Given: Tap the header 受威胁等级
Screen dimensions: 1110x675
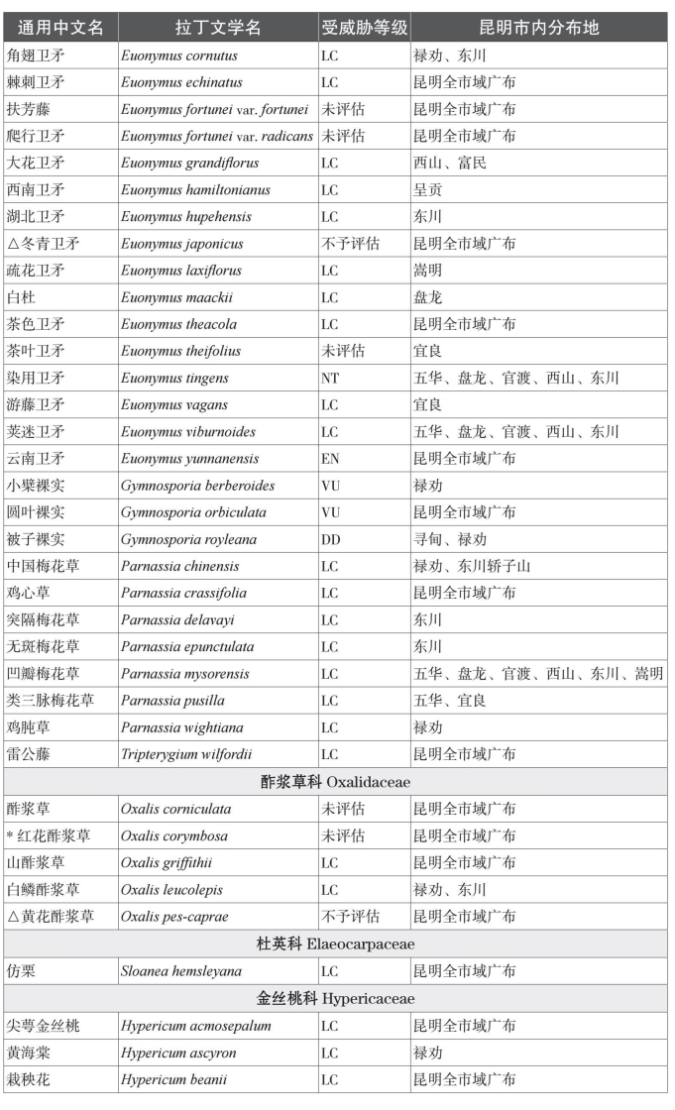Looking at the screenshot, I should (363, 27).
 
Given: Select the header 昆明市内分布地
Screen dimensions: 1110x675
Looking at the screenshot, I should (539, 27).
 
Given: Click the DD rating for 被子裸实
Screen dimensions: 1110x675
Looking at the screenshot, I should (330, 540).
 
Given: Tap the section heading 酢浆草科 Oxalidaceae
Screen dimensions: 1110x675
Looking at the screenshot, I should (336, 782).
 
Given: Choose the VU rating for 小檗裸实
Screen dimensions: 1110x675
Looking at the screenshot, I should (330, 486).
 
